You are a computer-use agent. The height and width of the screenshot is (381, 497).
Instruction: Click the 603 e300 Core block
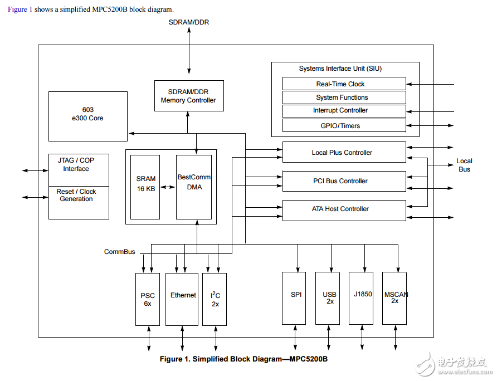tap(88, 116)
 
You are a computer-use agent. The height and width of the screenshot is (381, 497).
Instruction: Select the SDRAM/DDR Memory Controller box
tap(188, 96)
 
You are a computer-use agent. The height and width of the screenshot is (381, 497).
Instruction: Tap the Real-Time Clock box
tap(344, 84)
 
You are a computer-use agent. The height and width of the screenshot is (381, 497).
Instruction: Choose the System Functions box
tap(344, 97)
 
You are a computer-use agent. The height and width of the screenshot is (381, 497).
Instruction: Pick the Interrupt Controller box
tap(344, 111)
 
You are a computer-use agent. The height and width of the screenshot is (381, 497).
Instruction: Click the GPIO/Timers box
tap(344, 125)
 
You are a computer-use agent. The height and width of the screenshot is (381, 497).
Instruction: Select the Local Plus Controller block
tap(344, 152)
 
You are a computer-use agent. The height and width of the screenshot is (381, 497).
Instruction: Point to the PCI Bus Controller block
tap(344, 181)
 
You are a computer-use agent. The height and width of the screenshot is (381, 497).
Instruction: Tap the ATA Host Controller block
tap(344, 209)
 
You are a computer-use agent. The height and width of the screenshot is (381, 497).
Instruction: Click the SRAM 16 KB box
tap(146, 187)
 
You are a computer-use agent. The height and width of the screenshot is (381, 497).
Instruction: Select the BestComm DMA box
tap(194, 187)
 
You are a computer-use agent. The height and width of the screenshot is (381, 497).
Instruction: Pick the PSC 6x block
tap(148, 299)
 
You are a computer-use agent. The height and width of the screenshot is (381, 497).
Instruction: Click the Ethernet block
tap(182, 299)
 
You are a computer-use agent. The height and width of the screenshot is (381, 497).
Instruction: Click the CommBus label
tap(119, 252)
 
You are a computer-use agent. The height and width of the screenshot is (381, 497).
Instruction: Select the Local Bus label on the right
tap(464, 165)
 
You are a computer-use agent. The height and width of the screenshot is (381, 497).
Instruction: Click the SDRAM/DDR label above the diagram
tap(189, 22)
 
